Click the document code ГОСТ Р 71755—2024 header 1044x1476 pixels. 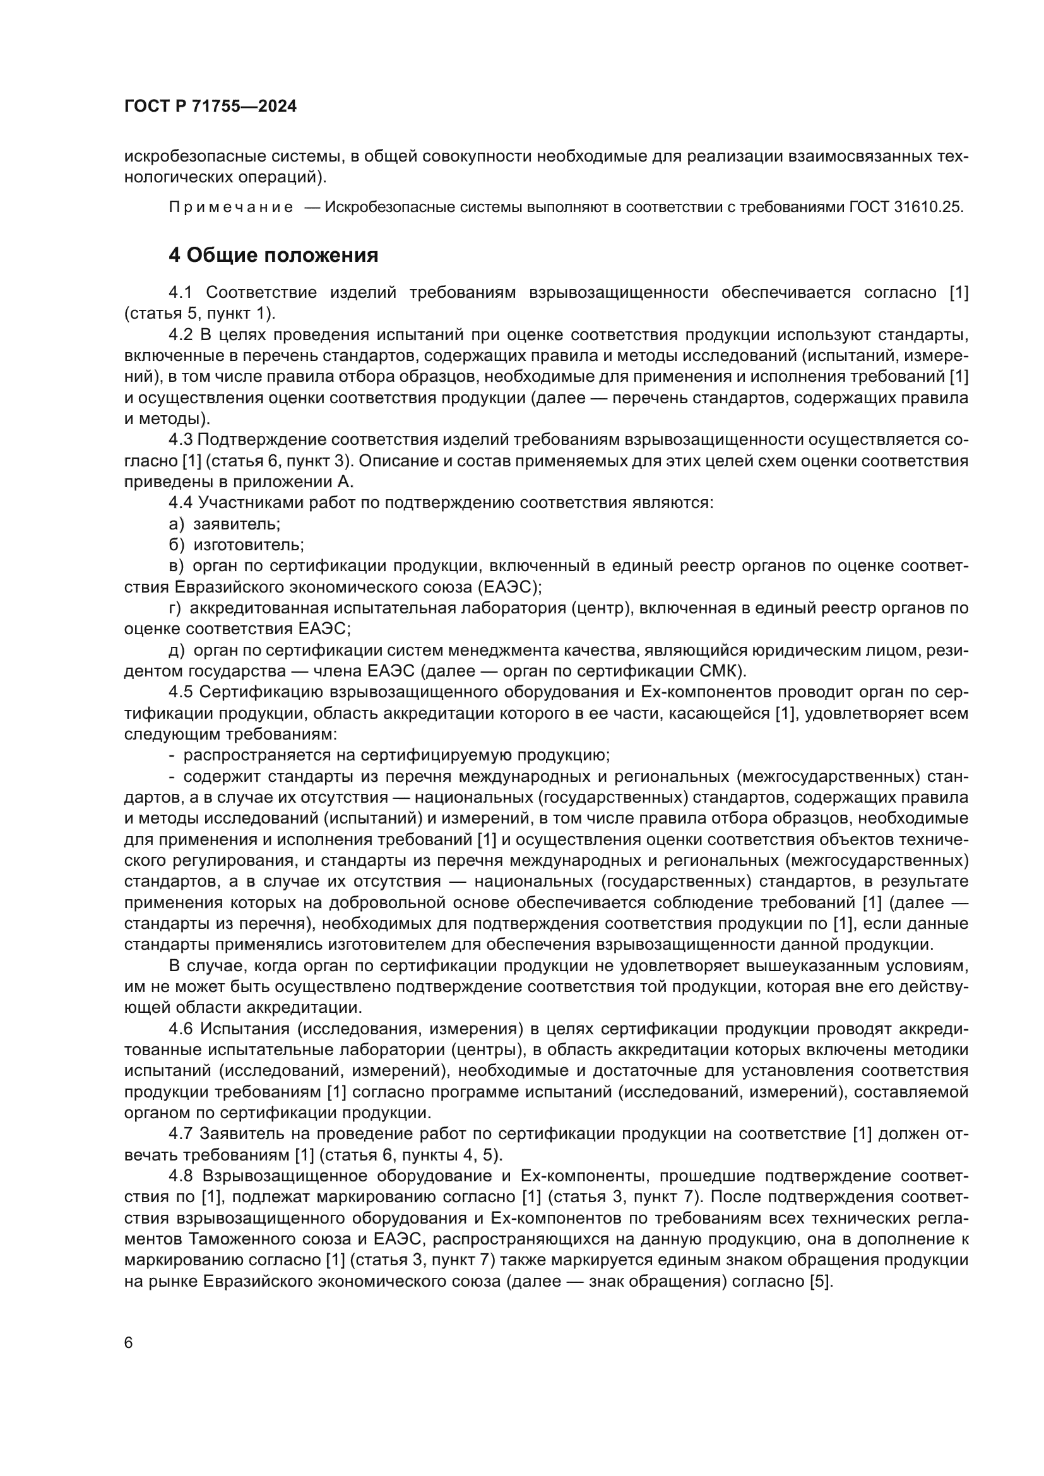210,107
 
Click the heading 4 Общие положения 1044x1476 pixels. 273,255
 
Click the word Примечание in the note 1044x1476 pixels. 231,207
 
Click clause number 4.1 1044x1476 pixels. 180,293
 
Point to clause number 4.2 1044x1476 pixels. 180,335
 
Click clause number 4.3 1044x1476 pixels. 180,440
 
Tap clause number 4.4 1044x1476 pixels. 180,503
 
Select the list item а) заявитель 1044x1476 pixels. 224,524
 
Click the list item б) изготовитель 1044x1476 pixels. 236,545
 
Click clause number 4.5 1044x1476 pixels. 180,692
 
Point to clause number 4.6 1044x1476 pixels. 180,1029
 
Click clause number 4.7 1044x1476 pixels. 180,1134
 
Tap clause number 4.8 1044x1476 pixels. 180,1176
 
